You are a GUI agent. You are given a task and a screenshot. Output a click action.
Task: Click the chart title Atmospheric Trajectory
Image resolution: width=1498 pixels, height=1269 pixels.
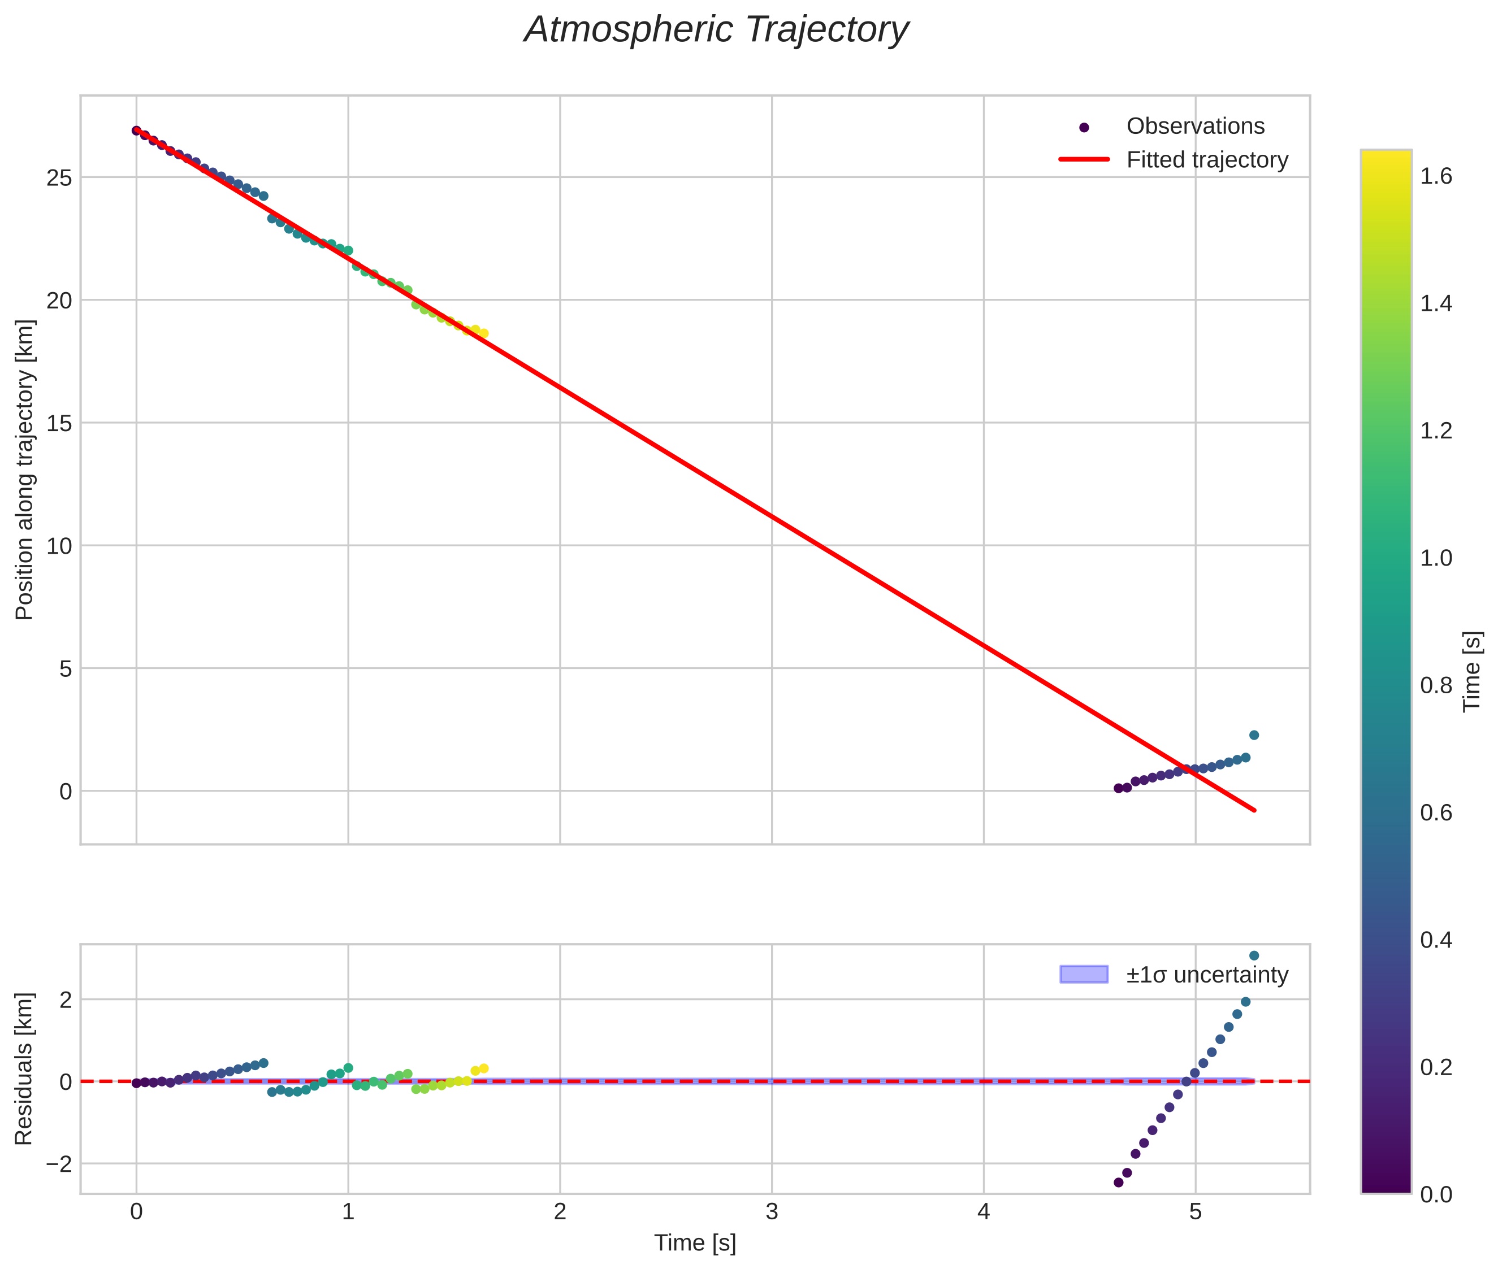716,30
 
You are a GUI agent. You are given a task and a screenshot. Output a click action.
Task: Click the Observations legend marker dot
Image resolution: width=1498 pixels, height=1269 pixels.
1084,127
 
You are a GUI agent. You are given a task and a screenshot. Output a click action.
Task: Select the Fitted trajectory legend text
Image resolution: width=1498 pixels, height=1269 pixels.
1207,160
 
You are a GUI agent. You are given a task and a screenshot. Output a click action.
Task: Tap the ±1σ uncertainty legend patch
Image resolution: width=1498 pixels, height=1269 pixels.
1084,974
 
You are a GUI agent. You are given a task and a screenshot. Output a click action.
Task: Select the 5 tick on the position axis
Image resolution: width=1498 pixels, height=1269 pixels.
65,669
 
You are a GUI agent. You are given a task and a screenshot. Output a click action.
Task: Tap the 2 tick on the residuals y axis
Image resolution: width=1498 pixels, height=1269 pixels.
65,999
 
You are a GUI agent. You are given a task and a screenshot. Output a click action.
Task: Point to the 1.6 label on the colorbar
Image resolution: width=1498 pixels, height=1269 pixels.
1435,176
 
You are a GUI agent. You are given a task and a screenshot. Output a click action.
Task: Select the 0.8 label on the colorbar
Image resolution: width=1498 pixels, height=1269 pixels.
1435,685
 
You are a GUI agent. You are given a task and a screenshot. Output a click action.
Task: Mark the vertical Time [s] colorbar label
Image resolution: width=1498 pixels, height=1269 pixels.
1473,671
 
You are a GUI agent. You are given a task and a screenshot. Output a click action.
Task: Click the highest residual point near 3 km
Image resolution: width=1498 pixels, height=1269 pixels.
1254,955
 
